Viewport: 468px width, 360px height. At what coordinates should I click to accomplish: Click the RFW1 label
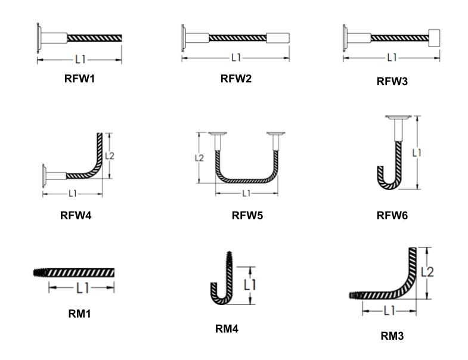[x=79, y=78]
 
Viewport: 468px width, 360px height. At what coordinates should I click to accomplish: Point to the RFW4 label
[x=76, y=216]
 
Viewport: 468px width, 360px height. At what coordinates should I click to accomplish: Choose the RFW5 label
[x=247, y=216]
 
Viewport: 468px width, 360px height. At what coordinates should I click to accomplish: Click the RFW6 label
[x=392, y=216]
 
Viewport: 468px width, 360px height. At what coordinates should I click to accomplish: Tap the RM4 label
[x=227, y=328]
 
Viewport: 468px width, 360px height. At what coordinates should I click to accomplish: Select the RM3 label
[x=392, y=336]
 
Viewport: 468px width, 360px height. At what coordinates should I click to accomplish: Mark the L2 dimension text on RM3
[x=427, y=272]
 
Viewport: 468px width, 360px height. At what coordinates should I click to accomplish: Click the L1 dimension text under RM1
[x=82, y=288]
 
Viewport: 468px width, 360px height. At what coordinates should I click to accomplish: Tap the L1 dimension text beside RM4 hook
[x=250, y=285]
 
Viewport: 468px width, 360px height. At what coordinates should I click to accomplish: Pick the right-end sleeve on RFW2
[x=278, y=37]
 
